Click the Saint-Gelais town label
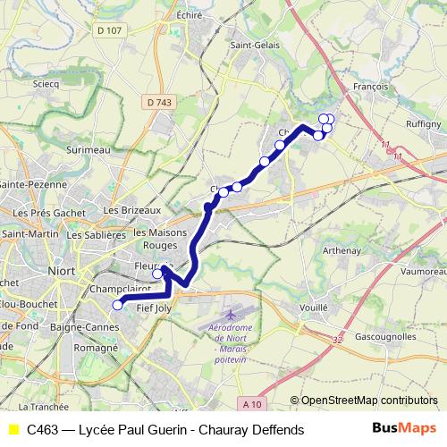[252, 45]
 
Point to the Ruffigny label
[423, 124]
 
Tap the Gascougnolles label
[385, 338]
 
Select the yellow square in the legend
[13, 430]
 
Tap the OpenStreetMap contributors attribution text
[369, 401]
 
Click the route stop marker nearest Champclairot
[117, 306]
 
